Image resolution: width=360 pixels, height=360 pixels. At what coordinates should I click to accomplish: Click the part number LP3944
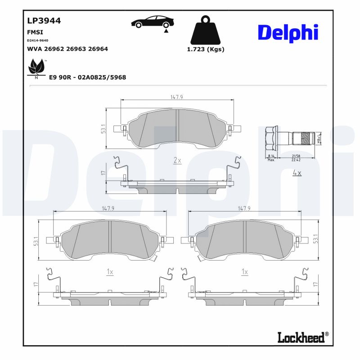(44, 20)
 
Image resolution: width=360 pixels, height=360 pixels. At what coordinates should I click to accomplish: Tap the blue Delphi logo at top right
(288, 32)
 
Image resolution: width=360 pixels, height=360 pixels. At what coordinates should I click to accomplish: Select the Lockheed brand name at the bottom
(301, 337)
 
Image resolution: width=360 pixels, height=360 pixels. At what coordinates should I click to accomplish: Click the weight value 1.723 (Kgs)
(205, 49)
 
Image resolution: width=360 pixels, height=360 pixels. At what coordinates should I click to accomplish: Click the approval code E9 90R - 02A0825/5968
(87, 77)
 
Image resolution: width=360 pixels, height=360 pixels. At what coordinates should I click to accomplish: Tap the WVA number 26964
(98, 49)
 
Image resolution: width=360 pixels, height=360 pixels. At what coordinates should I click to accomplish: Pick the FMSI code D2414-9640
(38, 40)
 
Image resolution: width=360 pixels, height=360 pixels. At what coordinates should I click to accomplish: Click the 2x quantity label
(177, 160)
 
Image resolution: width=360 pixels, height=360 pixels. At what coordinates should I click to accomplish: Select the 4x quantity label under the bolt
(297, 172)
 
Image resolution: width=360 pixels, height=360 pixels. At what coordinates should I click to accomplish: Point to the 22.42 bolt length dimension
(296, 159)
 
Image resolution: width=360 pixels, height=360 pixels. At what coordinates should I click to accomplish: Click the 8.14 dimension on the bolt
(270, 155)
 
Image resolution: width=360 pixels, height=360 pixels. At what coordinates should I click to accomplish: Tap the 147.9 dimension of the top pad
(177, 97)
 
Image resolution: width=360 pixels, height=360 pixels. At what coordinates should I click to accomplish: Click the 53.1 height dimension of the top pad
(103, 129)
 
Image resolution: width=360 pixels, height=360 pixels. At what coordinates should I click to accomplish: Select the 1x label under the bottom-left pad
(109, 272)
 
